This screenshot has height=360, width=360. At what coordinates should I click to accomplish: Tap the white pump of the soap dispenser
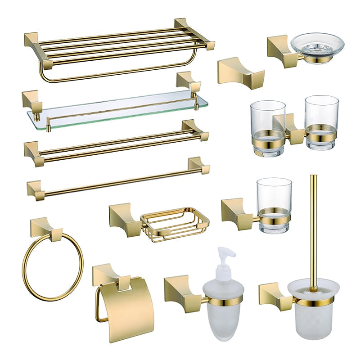(x=224, y=261)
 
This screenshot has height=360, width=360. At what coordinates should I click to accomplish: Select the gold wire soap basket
(x=175, y=224)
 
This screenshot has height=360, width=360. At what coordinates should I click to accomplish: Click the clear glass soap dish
(x=317, y=46)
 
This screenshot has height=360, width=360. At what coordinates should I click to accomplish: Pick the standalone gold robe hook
(x=234, y=71)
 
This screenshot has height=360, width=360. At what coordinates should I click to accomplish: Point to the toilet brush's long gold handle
(x=313, y=225)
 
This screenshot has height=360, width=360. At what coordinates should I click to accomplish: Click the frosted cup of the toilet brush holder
(x=313, y=310)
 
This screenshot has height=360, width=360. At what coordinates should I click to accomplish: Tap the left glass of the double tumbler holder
(x=268, y=126)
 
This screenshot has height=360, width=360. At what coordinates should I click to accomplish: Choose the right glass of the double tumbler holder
(x=321, y=121)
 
